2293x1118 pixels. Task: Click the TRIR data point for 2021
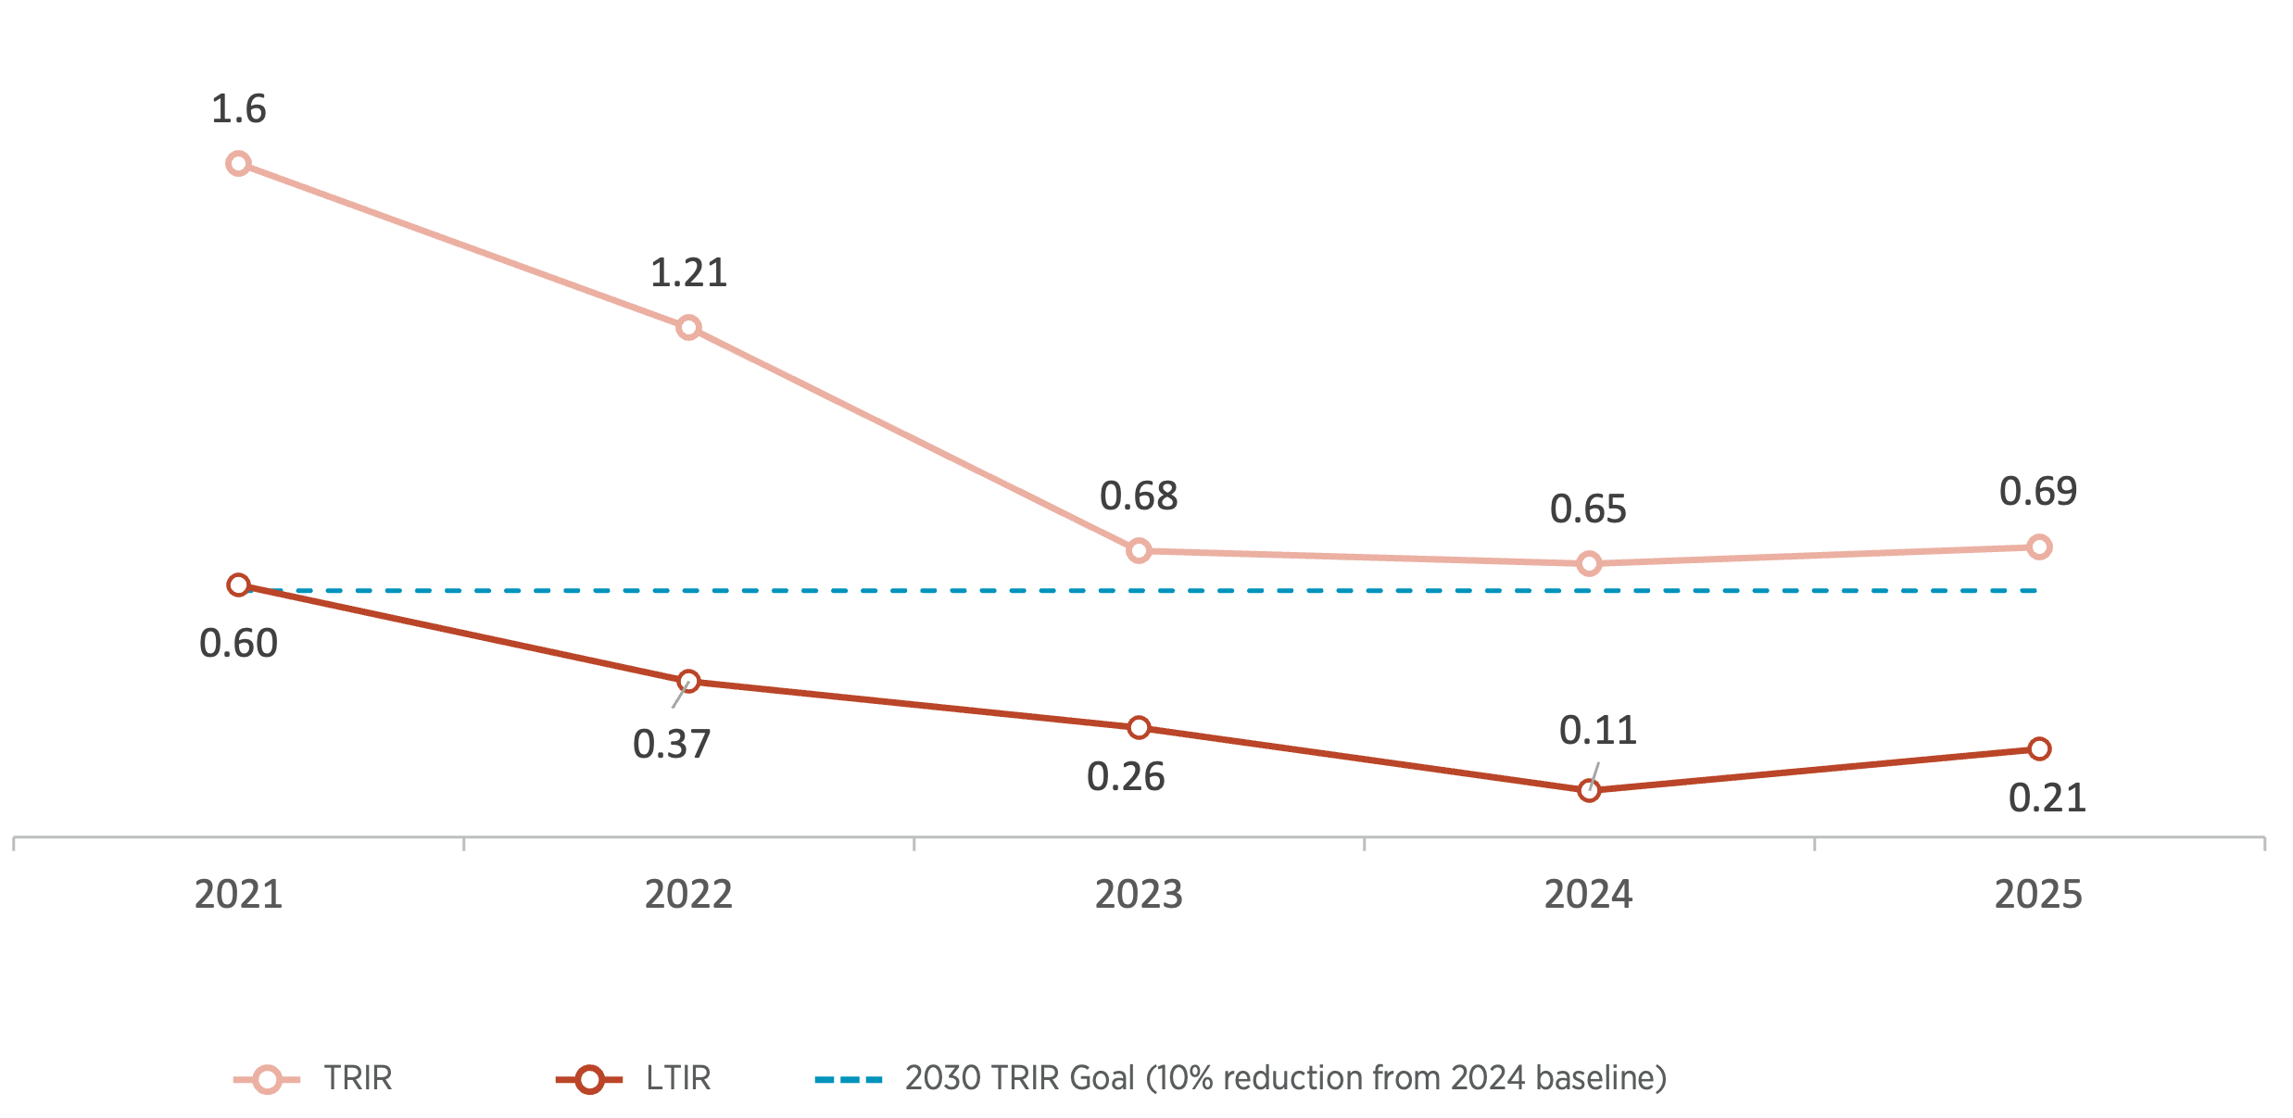tap(238, 164)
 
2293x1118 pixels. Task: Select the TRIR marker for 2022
tap(688, 327)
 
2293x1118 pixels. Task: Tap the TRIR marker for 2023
tap(1139, 551)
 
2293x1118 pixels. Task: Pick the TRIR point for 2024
tap(1589, 563)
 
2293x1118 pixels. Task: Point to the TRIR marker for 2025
tap(2039, 547)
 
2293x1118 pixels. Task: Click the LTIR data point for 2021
tap(238, 585)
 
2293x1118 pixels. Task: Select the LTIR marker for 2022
tap(688, 682)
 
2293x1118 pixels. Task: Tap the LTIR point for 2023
tap(1139, 728)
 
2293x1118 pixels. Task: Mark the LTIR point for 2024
tap(1589, 790)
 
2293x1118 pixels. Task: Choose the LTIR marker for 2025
tap(2039, 748)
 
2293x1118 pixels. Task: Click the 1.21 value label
tap(688, 273)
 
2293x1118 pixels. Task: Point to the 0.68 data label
tap(1139, 496)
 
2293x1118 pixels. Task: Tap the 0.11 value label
tap(1597, 731)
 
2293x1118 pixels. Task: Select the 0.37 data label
tap(672, 745)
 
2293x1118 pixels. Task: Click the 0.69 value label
tap(2038, 491)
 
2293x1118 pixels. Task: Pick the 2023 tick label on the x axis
tap(1139, 895)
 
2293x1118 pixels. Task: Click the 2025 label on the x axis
tap(2038, 895)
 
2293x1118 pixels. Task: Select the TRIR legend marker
tap(267, 1079)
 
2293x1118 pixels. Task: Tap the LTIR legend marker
tap(589, 1079)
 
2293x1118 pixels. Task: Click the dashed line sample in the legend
tap(848, 1079)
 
